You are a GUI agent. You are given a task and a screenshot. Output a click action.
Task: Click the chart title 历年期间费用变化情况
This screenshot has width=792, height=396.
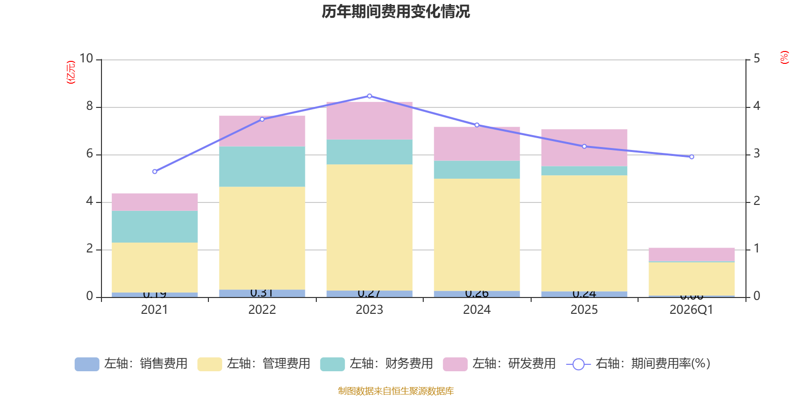click(396, 11)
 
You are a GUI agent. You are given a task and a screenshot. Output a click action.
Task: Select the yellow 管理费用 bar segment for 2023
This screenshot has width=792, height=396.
click(369, 227)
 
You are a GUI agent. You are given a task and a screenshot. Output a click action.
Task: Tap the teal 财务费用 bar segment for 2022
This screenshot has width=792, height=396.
click(262, 166)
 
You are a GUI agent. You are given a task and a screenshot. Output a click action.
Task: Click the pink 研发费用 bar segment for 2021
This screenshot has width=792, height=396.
click(154, 202)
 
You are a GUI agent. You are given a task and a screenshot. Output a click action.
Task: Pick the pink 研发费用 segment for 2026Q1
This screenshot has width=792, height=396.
click(692, 254)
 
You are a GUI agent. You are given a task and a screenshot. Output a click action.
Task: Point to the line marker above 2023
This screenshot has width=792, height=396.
click(369, 96)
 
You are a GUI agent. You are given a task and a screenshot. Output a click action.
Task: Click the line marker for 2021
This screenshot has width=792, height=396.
click(154, 172)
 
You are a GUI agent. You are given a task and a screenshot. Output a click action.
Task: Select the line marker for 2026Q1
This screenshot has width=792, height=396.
click(692, 157)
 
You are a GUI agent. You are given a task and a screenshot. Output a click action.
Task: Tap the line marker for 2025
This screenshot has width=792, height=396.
click(584, 147)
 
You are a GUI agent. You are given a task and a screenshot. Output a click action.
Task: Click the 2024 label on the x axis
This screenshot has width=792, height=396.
click(477, 310)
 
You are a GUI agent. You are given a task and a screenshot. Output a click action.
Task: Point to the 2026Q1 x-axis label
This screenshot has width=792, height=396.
click(691, 310)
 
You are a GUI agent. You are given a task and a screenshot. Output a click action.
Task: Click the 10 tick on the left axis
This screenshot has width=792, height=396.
click(87, 59)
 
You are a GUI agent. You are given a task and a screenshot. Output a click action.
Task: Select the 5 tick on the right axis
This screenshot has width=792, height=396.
click(756, 59)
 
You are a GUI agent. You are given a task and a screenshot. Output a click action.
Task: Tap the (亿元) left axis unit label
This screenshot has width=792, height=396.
click(71, 72)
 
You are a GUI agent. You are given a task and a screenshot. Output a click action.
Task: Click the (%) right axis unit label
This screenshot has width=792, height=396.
click(784, 57)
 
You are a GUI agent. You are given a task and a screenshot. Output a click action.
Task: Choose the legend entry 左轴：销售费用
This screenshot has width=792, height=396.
click(131, 364)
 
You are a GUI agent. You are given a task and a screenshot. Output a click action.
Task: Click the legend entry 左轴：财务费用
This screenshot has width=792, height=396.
click(377, 364)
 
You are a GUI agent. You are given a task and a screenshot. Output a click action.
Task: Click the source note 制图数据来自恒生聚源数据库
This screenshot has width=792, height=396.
click(396, 391)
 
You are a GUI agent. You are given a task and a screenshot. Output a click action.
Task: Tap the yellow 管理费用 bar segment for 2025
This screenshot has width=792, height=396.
click(584, 233)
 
